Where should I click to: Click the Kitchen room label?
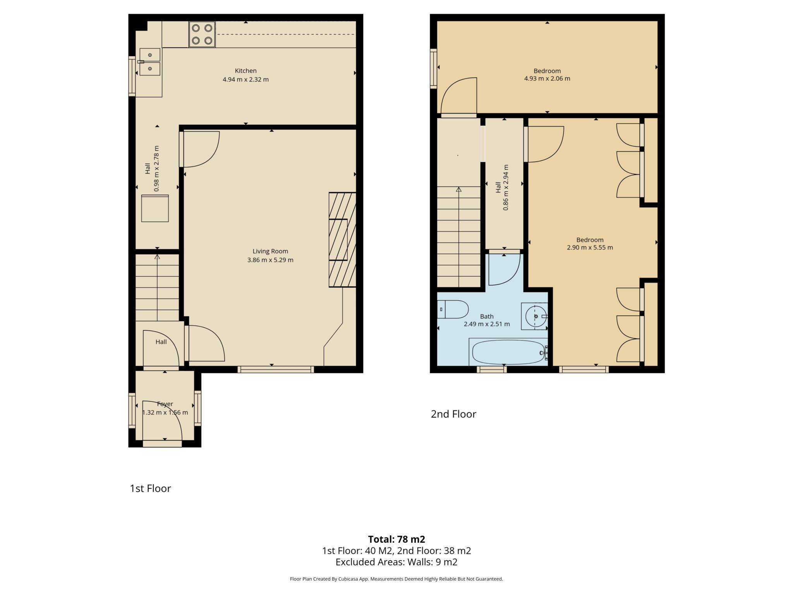pyautogui.click(x=245, y=71)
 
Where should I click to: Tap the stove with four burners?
pyautogui.click(x=202, y=34)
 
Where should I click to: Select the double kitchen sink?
pyautogui.click(x=150, y=62)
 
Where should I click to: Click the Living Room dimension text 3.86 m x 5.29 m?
pyautogui.click(x=270, y=260)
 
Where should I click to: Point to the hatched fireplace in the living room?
pyautogui.click(x=342, y=240)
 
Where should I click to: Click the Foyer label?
pyautogui.click(x=165, y=404)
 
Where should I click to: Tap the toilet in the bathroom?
pyautogui.click(x=453, y=309)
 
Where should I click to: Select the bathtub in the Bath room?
pyautogui.click(x=508, y=352)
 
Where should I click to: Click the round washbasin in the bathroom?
pyautogui.click(x=536, y=316)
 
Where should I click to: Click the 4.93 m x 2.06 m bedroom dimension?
pyautogui.click(x=547, y=79)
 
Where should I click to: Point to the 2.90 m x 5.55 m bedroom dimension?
pyautogui.click(x=590, y=248)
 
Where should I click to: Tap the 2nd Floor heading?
pyautogui.click(x=453, y=414)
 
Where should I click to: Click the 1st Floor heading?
pyautogui.click(x=150, y=488)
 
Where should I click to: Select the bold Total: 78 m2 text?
pyautogui.click(x=396, y=539)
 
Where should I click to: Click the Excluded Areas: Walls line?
pyautogui.click(x=396, y=562)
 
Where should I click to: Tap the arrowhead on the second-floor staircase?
pyautogui.click(x=459, y=189)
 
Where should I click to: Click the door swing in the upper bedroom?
pyautogui.click(x=457, y=95)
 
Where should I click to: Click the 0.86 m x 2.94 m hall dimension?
pyautogui.click(x=505, y=187)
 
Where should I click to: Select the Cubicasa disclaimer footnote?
pyautogui.click(x=396, y=579)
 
